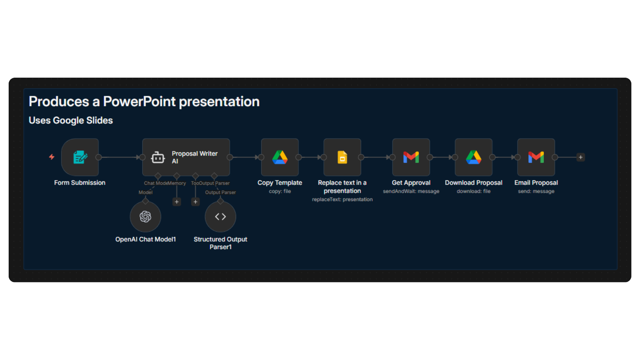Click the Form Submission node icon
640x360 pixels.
coord(80,157)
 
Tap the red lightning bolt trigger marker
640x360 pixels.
coord(52,157)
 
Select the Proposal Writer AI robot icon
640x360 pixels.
coord(158,157)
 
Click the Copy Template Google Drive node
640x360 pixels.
coord(280,157)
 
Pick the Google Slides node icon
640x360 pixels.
coord(342,157)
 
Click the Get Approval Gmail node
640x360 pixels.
coord(411,157)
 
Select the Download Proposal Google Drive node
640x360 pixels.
coord(473,157)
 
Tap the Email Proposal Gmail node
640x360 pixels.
coord(536,157)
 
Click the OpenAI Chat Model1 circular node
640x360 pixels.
coord(145,217)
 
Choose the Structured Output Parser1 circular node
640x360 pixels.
coord(220,217)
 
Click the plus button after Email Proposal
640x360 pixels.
coord(581,157)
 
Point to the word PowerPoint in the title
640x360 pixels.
coord(139,102)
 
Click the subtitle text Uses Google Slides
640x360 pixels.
coord(71,120)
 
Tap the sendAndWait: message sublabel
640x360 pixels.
coord(411,191)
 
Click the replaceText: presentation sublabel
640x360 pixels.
coord(342,199)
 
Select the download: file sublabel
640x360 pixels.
coord(473,191)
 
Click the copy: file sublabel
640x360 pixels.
coord(280,191)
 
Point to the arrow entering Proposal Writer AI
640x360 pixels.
coord(138,157)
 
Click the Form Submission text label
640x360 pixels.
coord(80,183)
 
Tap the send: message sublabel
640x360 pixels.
coord(536,191)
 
